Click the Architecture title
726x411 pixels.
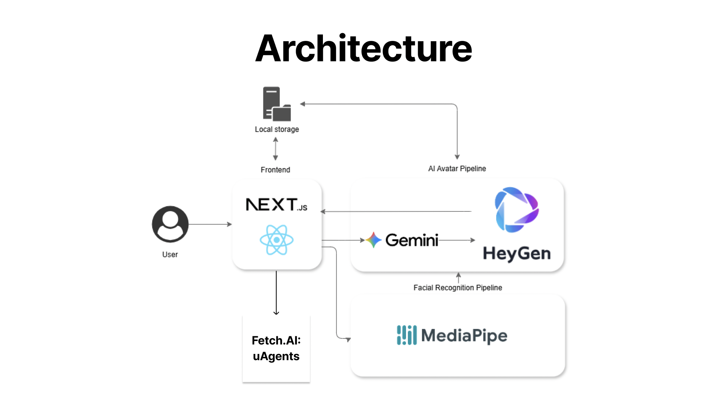[x=363, y=49]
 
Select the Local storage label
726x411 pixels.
[x=277, y=129]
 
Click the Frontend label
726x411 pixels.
[x=275, y=170]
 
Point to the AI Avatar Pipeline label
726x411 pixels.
[x=457, y=169]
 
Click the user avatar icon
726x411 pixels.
[x=170, y=224]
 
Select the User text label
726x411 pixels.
[x=170, y=254]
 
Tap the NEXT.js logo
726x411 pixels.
[x=276, y=205]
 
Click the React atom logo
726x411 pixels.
[x=276, y=240]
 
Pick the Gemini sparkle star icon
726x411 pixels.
[x=374, y=240]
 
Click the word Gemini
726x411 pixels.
[x=412, y=240]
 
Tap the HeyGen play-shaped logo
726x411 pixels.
[x=517, y=210]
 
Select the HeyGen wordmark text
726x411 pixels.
[x=517, y=253]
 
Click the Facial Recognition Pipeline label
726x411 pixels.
[x=458, y=288]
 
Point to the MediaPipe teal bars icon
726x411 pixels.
[x=407, y=335]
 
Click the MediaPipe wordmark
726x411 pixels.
[x=464, y=336]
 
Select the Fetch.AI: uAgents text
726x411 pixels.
[x=276, y=348]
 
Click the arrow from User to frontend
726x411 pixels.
[x=210, y=224]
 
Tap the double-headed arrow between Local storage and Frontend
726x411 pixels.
[x=275, y=149]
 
